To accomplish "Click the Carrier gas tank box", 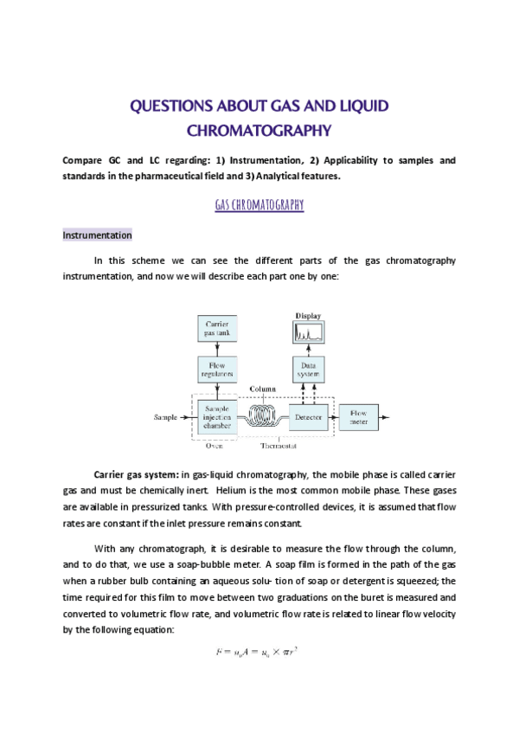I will [217, 329].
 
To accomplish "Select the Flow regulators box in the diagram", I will [217, 370].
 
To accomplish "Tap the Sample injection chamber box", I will [217, 416].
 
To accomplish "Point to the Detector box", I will [309, 417].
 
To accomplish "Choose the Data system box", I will [309, 370].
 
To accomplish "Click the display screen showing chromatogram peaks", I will [309, 332].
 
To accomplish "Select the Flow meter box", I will [358, 417].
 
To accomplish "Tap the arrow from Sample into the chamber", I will [188, 417].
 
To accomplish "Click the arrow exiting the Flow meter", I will [386, 417].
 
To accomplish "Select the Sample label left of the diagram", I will [165, 417].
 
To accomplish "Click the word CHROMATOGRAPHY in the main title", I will [259, 132].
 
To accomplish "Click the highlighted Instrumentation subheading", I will [97, 235].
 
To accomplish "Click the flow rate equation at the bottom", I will [259, 652].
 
